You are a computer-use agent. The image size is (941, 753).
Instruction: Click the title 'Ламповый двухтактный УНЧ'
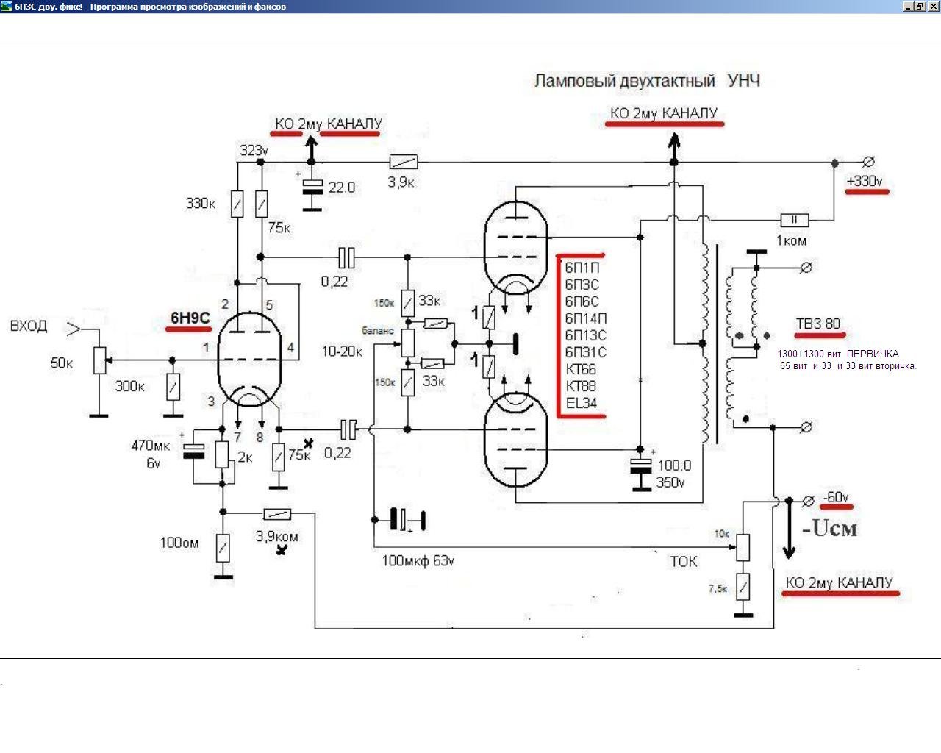tap(647, 81)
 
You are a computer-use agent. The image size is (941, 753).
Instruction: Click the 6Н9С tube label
tap(190, 318)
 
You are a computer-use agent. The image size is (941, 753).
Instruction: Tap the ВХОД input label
tap(29, 326)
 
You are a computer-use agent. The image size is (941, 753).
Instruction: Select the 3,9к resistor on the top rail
tap(404, 162)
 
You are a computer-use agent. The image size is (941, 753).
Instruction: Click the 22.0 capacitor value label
tap(342, 188)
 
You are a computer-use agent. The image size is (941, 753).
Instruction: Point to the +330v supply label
tap(865, 181)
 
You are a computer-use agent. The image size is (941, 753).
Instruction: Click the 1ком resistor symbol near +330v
tap(795, 220)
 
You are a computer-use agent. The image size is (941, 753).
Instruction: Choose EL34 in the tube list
tap(581, 402)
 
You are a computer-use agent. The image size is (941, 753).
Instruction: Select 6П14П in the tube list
tap(585, 318)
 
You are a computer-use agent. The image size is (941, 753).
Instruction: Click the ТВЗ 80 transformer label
tap(818, 324)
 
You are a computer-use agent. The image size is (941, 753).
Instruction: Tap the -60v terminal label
tap(836, 497)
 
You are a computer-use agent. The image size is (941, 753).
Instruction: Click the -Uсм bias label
tap(829, 528)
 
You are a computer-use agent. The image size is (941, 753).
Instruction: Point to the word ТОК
tap(684, 561)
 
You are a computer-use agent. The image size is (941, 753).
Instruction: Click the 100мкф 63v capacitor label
tap(418, 560)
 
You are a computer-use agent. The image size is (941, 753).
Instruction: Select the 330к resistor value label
tap(201, 203)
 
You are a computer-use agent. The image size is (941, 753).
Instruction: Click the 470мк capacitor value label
tap(151, 446)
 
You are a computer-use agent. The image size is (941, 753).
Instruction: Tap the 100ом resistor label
tap(179, 543)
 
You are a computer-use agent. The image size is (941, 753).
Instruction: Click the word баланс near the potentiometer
tap(378, 331)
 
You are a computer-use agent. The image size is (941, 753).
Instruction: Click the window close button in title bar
tap(933, 7)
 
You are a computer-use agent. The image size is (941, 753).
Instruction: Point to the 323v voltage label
tap(254, 150)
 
